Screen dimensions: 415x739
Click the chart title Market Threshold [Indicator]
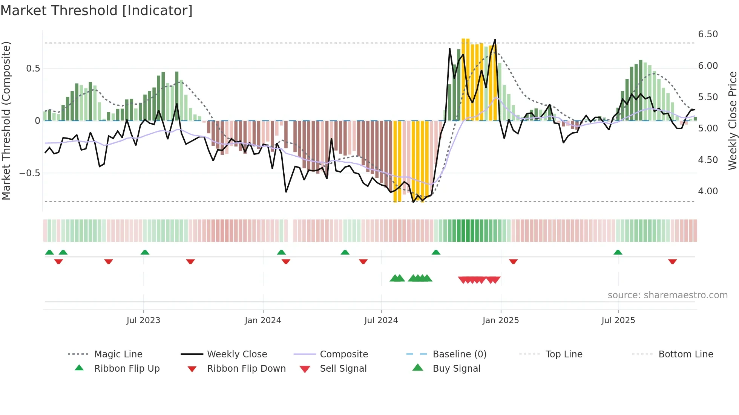97,11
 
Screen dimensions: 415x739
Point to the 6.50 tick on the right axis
708,34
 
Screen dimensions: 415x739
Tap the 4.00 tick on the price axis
708,191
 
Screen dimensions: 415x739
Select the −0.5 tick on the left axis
29,173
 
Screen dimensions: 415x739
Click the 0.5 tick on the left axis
33,69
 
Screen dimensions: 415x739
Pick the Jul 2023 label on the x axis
143,320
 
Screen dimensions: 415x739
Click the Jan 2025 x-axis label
500,320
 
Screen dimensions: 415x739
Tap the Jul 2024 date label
381,320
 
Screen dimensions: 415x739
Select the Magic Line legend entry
118,354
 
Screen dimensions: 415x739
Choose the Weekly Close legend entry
237,354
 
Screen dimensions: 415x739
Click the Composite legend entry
343,354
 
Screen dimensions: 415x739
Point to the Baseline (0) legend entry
459,354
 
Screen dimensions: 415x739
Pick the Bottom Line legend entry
685,354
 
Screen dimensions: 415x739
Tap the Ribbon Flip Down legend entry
246,369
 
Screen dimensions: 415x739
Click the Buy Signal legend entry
456,369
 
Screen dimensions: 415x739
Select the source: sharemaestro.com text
667,295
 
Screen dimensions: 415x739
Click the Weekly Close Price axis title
732,121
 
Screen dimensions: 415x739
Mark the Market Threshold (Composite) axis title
6,121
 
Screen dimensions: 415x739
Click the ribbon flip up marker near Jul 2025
618,252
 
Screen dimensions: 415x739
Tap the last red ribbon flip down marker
672,261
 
